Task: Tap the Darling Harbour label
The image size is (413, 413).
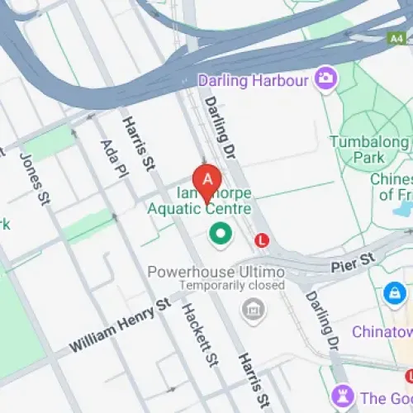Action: coord(253,80)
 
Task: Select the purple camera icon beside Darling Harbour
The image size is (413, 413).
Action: coord(325,79)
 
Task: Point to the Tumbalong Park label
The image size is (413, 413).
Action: coord(368,149)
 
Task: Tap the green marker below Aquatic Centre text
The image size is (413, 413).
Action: coord(220,234)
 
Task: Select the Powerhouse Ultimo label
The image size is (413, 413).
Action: coord(216,272)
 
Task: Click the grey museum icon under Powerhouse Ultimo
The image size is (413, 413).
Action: coord(249,311)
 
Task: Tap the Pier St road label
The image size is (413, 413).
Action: coord(354,265)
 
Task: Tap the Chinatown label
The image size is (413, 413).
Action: coord(382,331)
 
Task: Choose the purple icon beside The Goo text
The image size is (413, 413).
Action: coord(341,395)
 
